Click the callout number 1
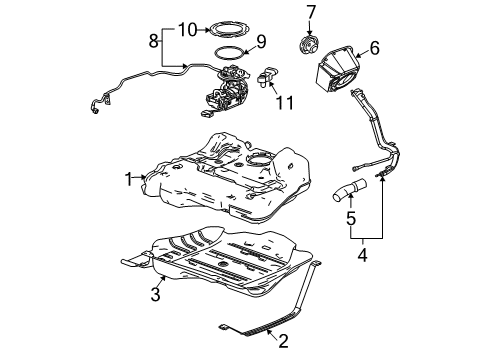pos(128,178)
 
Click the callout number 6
pos(374,47)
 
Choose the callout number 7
pos(310,12)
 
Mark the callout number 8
pos(154,43)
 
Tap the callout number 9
pos(261,42)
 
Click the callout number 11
pos(283,101)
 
